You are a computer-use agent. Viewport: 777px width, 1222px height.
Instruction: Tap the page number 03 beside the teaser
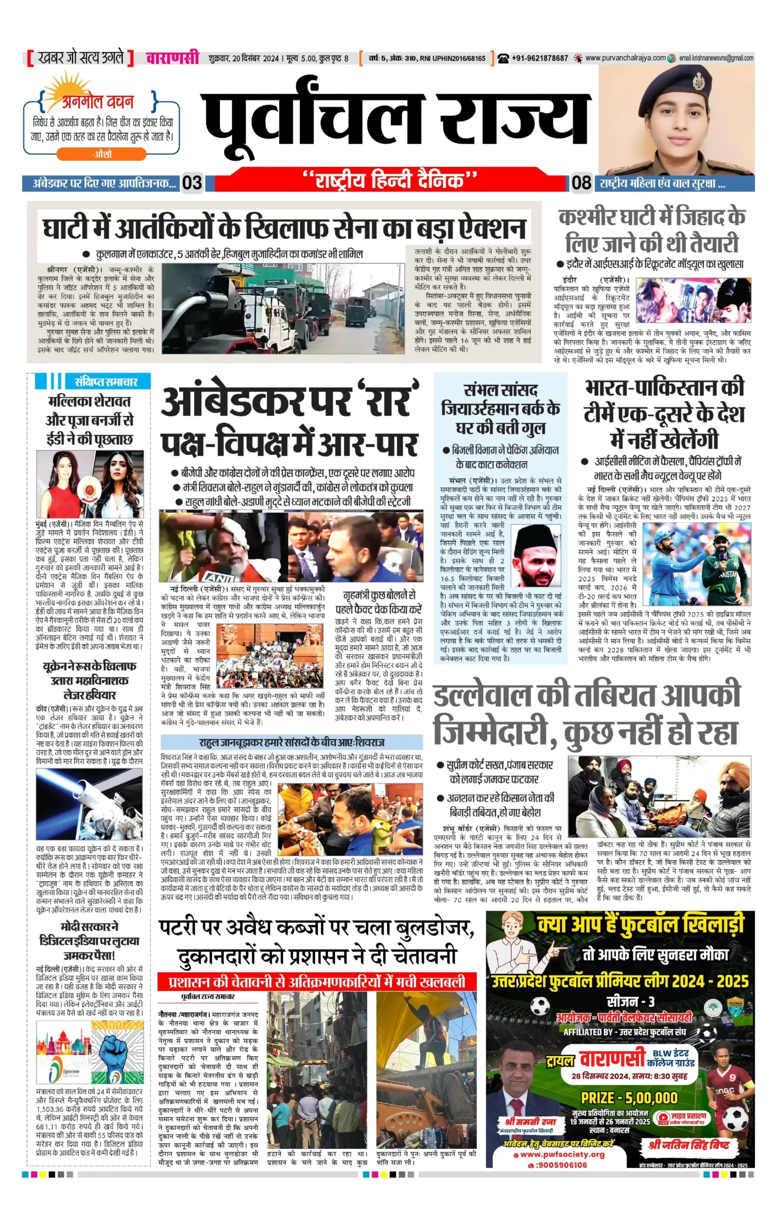click(x=192, y=183)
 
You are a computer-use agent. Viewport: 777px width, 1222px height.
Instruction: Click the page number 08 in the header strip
click(x=581, y=183)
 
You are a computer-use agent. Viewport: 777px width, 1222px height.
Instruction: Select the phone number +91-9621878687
click(x=539, y=58)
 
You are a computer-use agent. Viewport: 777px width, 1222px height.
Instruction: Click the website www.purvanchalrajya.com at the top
click(x=625, y=58)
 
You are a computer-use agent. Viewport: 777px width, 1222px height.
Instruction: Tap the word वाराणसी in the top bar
click(x=173, y=58)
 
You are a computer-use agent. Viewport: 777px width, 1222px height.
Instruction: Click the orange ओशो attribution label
click(x=102, y=154)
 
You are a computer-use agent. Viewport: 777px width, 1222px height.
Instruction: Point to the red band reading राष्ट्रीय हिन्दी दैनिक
click(x=390, y=181)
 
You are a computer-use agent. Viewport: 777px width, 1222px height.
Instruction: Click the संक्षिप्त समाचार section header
click(x=105, y=381)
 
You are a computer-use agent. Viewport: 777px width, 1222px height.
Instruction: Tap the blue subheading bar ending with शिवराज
click(x=291, y=742)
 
